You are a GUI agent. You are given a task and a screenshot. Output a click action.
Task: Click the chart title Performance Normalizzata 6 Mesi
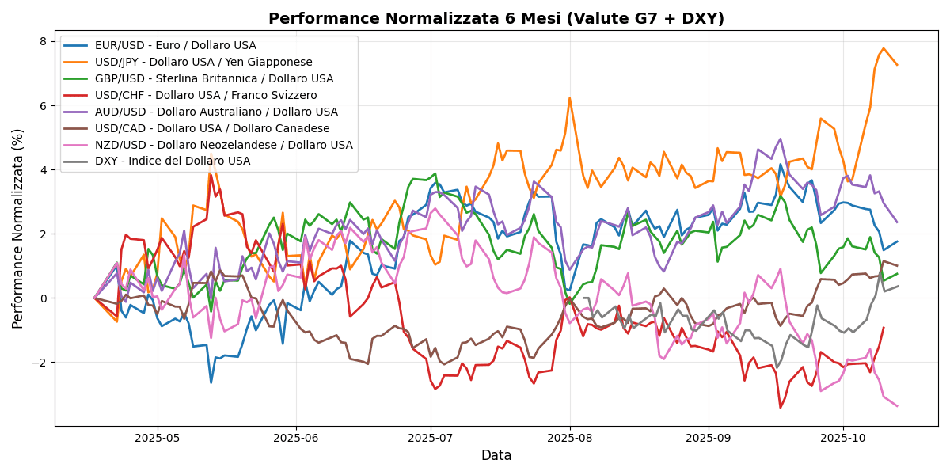[496, 18]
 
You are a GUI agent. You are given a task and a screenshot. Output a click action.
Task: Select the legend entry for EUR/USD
[175, 46]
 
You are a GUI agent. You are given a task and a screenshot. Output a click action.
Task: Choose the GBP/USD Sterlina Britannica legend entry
[214, 79]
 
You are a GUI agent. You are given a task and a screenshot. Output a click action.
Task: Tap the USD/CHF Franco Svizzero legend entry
[206, 96]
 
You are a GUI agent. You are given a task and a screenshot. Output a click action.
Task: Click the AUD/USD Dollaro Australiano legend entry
[216, 112]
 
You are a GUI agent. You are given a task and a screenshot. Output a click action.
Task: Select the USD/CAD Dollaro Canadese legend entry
[212, 129]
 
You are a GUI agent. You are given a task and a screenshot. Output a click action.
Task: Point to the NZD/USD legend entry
[224, 146]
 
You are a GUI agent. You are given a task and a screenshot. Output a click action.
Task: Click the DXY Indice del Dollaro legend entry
[173, 162]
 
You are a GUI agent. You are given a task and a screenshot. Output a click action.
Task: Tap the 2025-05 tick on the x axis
[157, 438]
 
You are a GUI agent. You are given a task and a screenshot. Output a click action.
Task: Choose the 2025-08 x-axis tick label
[570, 438]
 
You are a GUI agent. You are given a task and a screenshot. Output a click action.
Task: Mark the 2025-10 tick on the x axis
[842, 438]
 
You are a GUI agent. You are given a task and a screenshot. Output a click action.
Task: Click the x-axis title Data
[496, 456]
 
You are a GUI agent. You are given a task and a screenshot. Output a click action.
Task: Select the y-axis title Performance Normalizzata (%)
[18, 228]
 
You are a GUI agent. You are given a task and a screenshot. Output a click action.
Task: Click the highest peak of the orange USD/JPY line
[884, 48]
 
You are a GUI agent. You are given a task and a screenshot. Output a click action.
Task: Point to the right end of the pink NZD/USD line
[897, 406]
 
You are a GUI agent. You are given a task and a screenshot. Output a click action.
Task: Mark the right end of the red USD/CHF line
[883, 328]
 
